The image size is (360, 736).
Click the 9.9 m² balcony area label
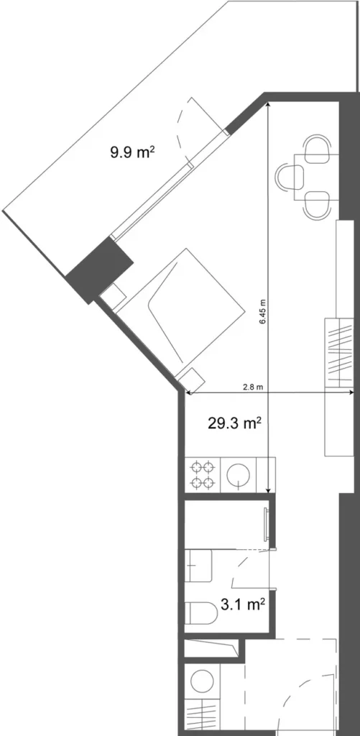(134, 152)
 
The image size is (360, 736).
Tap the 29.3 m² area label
(234, 423)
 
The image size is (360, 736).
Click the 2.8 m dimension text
(252, 387)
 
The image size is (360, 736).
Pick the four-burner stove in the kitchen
(203, 474)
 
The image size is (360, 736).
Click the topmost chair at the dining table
(318, 147)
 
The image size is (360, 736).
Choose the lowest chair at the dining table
(318, 206)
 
